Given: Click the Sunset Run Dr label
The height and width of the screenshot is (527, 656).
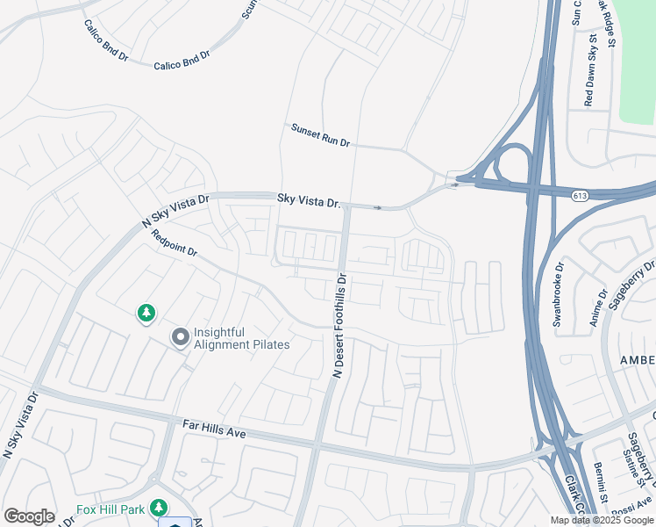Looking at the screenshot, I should tap(320, 134).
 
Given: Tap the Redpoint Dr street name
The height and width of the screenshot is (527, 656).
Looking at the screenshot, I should tap(174, 243).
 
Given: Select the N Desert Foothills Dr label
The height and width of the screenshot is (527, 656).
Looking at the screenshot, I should tap(340, 325).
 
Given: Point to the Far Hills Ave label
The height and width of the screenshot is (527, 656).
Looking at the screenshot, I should tap(213, 429).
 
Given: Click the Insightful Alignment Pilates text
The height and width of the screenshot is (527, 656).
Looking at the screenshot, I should tap(241, 338).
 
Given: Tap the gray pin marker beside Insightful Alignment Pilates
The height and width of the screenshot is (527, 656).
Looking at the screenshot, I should tap(181, 337).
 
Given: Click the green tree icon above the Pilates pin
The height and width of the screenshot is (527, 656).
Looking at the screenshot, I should tap(146, 313).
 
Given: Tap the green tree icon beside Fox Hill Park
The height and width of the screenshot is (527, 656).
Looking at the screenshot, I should tap(159, 508).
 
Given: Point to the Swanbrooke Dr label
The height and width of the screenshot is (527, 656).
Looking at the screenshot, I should tap(559, 293).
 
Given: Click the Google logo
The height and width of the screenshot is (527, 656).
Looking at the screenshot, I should tap(29, 516).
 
